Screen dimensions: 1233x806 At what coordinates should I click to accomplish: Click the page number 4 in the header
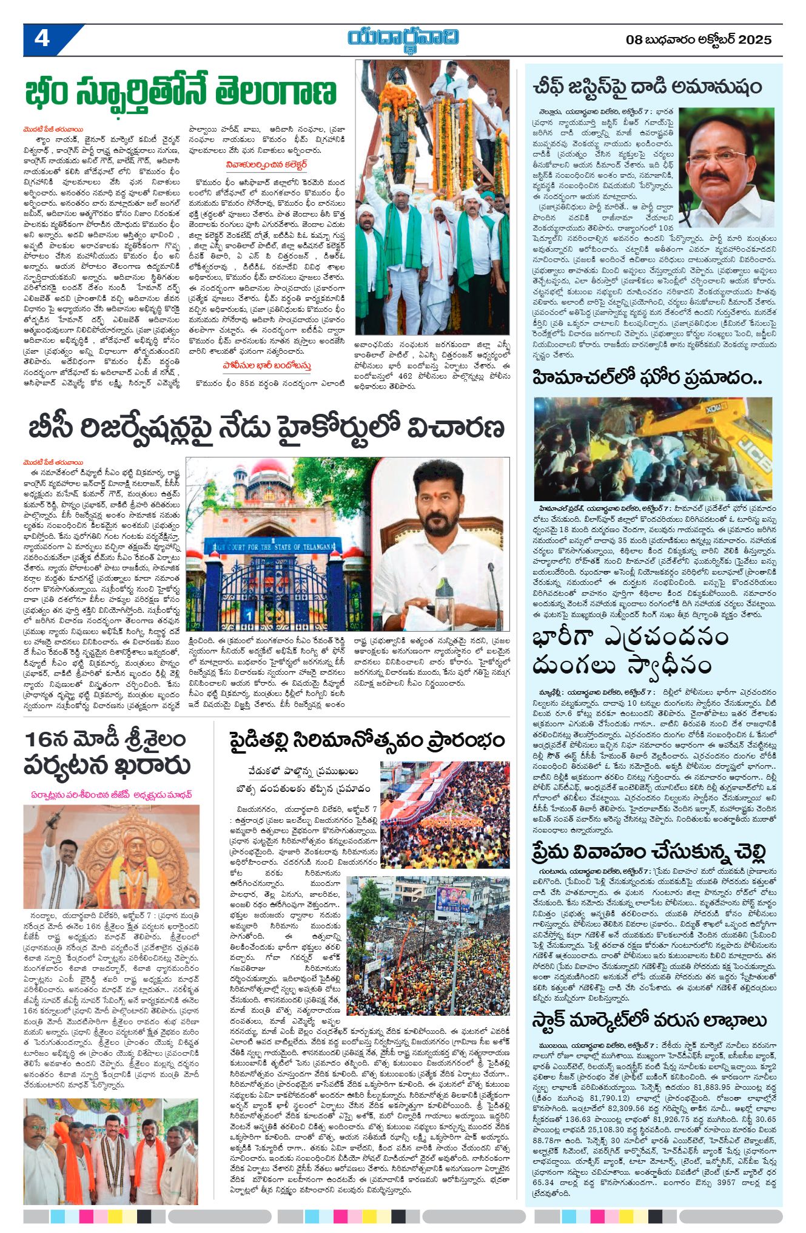pos(42,39)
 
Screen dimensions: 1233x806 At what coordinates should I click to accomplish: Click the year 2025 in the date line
pos(754,40)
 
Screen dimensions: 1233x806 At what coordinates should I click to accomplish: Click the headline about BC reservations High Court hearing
pos(266,428)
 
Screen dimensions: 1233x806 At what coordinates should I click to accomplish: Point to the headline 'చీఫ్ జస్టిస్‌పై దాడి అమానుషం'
pos(646,86)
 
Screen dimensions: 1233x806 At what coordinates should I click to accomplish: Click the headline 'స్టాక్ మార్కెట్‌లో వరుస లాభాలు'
pos(650,1021)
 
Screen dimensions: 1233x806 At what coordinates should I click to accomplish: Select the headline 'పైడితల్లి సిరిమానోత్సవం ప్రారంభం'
pos(367,741)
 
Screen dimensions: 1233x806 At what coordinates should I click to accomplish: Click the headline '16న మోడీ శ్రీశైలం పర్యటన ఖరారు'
pos(106,753)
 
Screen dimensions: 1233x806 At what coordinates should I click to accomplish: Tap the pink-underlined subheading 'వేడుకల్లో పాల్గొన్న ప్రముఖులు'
pos(303,771)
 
